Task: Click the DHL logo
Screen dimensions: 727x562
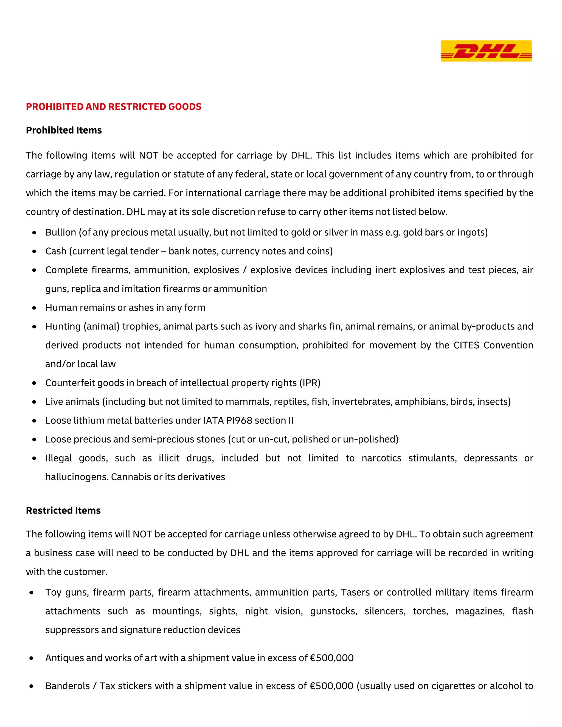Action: pyautogui.click(x=486, y=51)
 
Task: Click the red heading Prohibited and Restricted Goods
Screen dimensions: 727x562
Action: pyautogui.click(x=114, y=106)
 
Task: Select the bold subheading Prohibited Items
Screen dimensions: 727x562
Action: pyautogui.click(x=64, y=130)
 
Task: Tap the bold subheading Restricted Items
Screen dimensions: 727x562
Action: pyautogui.click(x=63, y=510)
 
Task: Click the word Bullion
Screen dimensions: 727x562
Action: pyautogui.click(x=61, y=232)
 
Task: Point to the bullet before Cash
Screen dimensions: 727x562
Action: pyautogui.click(x=34, y=251)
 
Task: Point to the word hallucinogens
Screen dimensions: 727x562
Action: pyautogui.click(x=77, y=477)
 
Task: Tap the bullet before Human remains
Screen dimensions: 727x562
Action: pyautogui.click(x=34, y=308)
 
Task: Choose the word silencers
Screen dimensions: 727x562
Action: pyautogui.click(x=385, y=611)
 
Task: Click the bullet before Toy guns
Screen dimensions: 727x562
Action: pyautogui.click(x=31, y=593)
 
